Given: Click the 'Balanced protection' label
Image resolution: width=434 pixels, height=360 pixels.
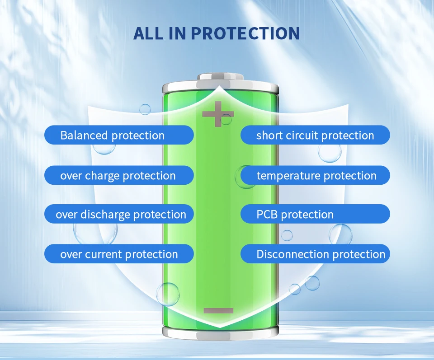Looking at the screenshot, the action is pyautogui.click(x=119, y=135).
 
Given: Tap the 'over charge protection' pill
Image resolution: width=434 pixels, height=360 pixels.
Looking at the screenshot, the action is pyautogui.click(x=119, y=175).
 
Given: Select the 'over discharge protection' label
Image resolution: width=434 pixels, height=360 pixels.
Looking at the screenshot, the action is pyautogui.click(x=119, y=214).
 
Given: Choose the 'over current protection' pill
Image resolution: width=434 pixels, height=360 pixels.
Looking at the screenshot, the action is pyautogui.click(x=119, y=254).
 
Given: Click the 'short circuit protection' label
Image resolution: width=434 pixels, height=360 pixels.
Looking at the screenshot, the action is pyautogui.click(x=315, y=135).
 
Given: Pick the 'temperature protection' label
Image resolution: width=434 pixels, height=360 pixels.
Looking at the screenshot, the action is pyautogui.click(x=315, y=175).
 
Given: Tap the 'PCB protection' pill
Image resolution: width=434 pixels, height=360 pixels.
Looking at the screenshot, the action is pyautogui.click(x=315, y=214).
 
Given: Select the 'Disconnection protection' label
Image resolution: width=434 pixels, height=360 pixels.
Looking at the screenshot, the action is pyautogui.click(x=315, y=254).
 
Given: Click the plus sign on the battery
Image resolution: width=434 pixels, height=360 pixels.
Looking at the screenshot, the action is pyautogui.click(x=218, y=114).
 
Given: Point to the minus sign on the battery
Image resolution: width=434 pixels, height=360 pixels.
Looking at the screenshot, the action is pyautogui.click(x=218, y=310).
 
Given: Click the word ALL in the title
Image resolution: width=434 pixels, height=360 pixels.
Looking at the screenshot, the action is pyautogui.click(x=149, y=33).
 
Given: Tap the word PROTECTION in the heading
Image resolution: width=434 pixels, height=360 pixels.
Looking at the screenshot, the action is pyautogui.click(x=245, y=33).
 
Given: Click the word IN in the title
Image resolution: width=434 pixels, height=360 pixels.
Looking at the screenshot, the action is pyautogui.click(x=177, y=33).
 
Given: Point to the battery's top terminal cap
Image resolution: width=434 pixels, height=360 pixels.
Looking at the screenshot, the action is pyautogui.click(x=220, y=77).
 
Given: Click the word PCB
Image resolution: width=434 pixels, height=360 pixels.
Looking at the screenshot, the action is pyautogui.click(x=267, y=214).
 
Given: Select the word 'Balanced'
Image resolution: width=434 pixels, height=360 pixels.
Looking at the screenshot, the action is pyautogui.click(x=84, y=135).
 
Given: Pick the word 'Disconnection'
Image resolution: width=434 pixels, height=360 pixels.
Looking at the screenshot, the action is pyautogui.click(x=293, y=254).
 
